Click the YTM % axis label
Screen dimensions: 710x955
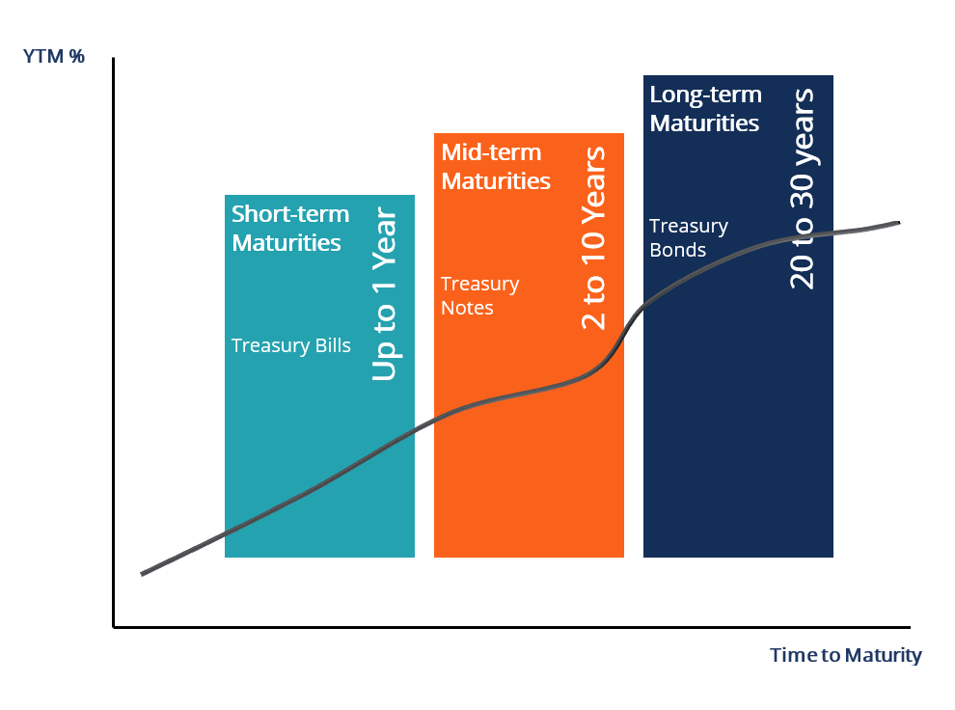pyautogui.click(x=54, y=56)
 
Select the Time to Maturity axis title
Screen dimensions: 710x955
pyautogui.click(x=845, y=656)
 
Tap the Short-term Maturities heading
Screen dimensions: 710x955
pyautogui.click(x=289, y=229)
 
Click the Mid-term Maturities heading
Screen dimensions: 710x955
pyautogui.click(x=495, y=167)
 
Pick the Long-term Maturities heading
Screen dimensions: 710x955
pyautogui.click(x=705, y=109)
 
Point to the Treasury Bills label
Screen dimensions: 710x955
pyautogui.click(x=290, y=345)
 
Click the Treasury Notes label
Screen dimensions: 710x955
pyautogui.click(x=480, y=296)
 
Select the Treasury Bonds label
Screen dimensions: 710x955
pyautogui.click(x=688, y=238)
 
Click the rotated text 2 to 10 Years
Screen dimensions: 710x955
pyautogui.click(x=595, y=237)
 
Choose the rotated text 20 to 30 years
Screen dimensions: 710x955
pyautogui.click(x=802, y=188)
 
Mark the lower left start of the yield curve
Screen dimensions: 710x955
pyautogui.click(x=143, y=574)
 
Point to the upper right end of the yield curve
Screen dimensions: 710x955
pyautogui.click(x=899, y=223)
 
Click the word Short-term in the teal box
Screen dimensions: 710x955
pyautogui.click(x=290, y=214)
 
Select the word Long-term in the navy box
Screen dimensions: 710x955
pyautogui.click(x=705, y=95)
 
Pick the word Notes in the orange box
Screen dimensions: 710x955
pyautogui.click(x=468, y=309)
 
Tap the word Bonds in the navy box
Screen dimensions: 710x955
pyautogui.click(x=677, y=251)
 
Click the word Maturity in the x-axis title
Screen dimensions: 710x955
pyautogui.click(x=883, y=656)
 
